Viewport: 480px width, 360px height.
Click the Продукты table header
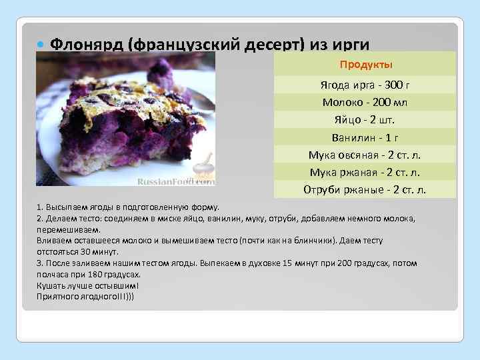point(365,65)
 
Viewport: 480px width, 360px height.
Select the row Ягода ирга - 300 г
point(365,85)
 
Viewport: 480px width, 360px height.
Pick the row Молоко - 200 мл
point(365,103)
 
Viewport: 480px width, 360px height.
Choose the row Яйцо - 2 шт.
point(365,120)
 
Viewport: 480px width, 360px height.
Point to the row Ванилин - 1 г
point(365,137)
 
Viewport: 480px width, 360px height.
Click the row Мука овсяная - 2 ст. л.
point(365,155)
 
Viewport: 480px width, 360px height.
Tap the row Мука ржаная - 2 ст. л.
point(365,172)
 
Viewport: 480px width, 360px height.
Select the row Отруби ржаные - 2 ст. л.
point(365,189)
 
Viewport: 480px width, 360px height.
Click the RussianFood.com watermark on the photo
point(175,181)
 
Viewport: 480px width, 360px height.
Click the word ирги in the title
point(347,45)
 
